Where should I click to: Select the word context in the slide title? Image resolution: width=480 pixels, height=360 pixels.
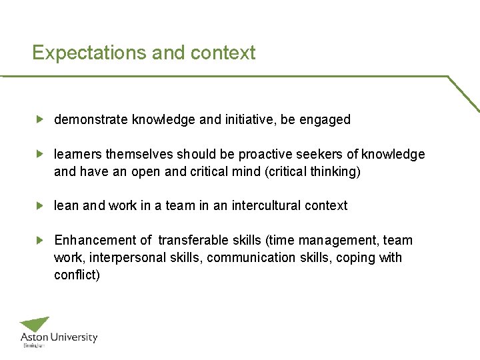coord(223,53)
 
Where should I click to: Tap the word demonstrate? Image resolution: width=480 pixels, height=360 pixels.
coord(91,120)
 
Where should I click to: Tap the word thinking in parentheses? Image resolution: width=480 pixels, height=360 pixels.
coord(335,172)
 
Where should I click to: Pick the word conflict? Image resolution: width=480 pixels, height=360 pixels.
coord(76,275)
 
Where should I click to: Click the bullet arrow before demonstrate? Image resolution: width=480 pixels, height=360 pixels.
coord(39,120)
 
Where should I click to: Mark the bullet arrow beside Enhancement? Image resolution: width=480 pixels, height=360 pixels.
coord(39,240)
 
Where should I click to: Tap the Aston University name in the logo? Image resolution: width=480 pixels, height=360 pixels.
coord(59,338)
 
